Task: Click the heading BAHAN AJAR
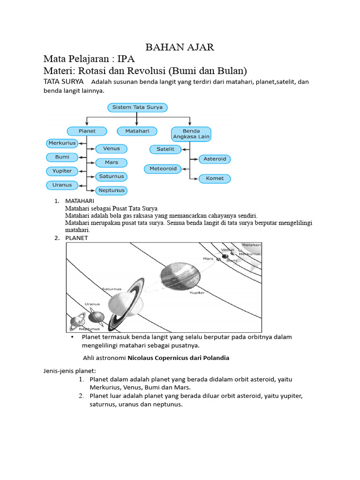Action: pyautogui.click(x=180, y=47)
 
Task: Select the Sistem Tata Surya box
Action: pyautogui.click(x=137, y=107)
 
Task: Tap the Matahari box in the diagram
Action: pyautogui.click(x=137, y=131)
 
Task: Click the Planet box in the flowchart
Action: pyautogui.click(x=87, y=131)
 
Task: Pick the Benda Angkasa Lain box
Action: pyautogui.click(x=191, y=134)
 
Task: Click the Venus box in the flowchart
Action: pyautogui.click(x=112, y=149)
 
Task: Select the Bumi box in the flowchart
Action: pyautogui.click(x=62, y=157)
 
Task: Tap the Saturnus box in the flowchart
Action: pyautogui.click(x=112, y=177)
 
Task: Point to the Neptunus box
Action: pyautogui.click(x=112, y=190)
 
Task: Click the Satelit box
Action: pyautogui.click(x=165, y=149)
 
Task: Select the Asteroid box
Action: pyautogui.click(x=215, y=159)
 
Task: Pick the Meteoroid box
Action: pyautogui.click(x=163, y=168)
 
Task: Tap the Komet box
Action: pyautogui.click(x=215, y=179)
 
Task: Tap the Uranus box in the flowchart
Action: pyautogui.click(x=62, y=185)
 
